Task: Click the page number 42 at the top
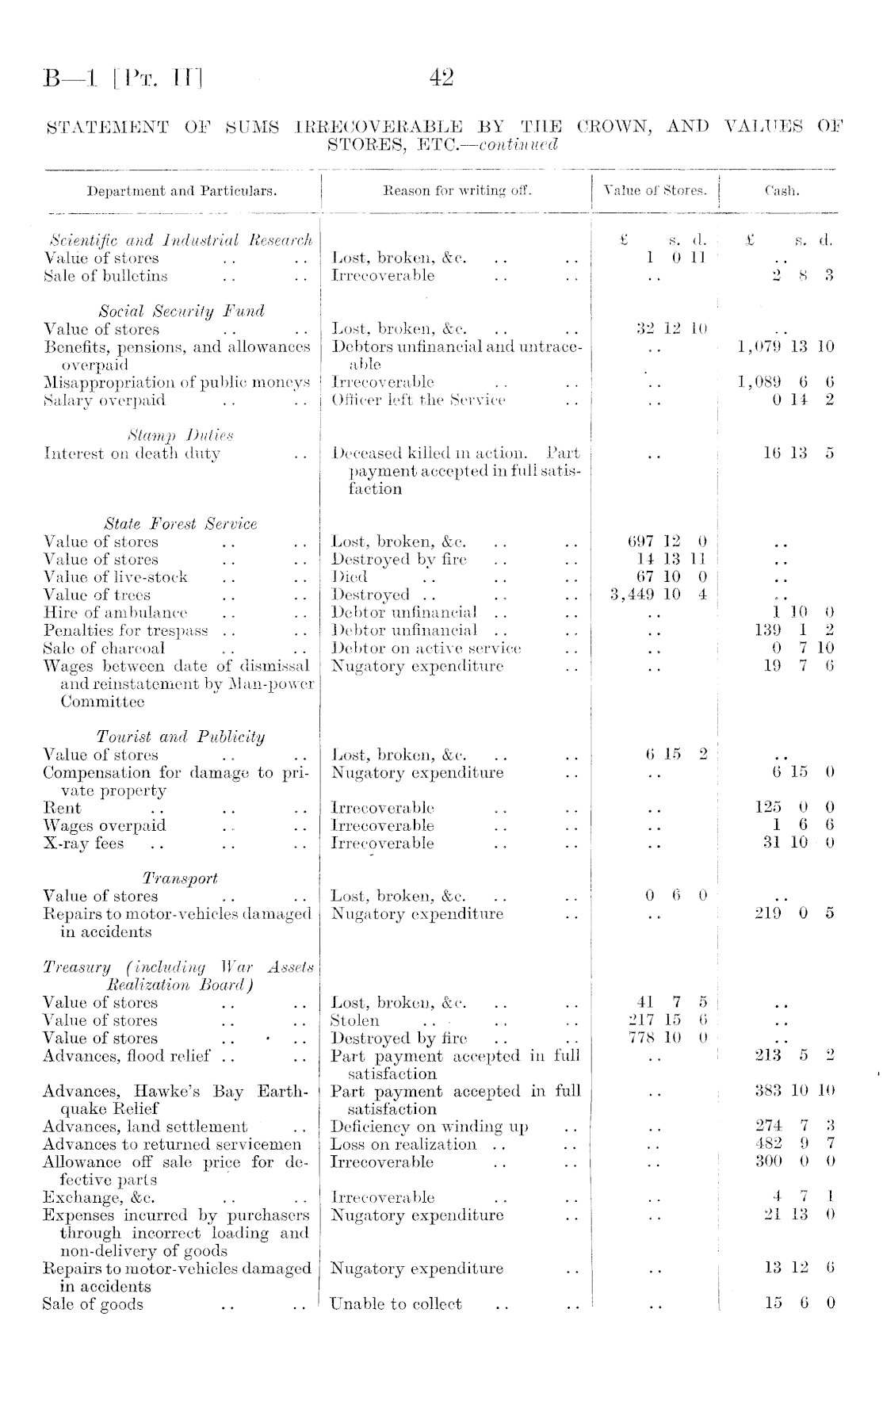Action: (x=441, y=78)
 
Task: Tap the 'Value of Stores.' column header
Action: (x=655, y=191)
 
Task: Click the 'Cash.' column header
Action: (x=782, y=191)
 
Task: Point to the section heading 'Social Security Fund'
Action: (x=182, y=311)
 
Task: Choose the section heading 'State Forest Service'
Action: (x=181, y=524)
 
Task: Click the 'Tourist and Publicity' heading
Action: (x=181, y=737)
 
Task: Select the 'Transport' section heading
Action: (x=180, y=878)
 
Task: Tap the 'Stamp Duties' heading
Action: (x=180, y=435)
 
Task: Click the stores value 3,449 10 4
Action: (x=659, y=595)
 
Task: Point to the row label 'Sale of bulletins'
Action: (x=105, y=276)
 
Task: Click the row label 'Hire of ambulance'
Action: (x=116, y=613)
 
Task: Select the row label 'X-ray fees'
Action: (x=83, y=844)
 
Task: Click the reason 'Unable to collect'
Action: (x=396, y=1304)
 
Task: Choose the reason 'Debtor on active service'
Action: (x=426, y=649)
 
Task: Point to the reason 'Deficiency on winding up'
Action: (x=429, y=1127)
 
